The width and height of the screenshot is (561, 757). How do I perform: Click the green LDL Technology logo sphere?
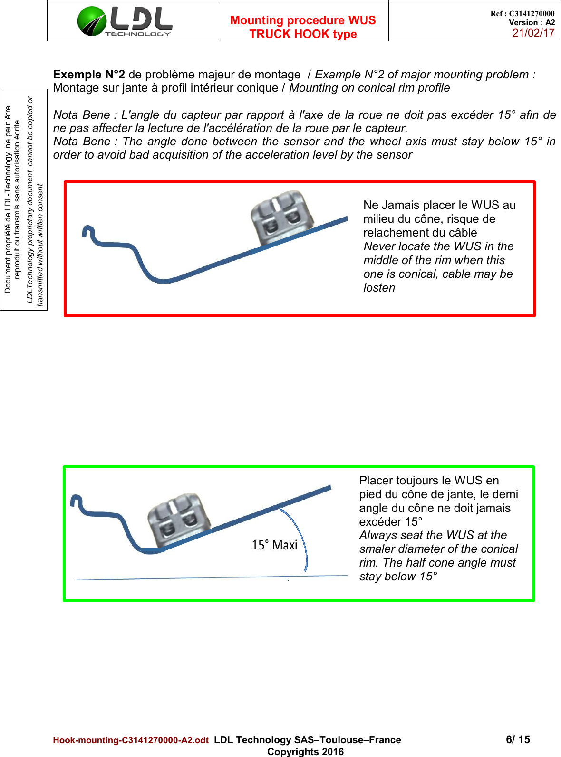coord(92,21)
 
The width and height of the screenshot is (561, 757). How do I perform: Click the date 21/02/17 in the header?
coord(533,33)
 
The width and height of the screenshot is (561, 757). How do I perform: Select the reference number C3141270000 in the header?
coord(532,14)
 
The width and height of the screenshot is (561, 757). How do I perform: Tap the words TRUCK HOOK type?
coord(303,34)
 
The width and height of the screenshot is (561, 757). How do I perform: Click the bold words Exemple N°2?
coord(89,75)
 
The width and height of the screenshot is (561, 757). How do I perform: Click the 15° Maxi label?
coord(274,545)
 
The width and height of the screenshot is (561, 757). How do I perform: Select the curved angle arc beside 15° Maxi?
coord(300,537)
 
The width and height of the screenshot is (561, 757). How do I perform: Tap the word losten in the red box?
coord(379,288)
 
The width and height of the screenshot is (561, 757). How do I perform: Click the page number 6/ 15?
coord(518,739)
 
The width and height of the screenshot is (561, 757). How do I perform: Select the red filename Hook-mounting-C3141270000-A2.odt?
coord(131,740)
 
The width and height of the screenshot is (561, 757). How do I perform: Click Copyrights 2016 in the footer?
coord(305,752)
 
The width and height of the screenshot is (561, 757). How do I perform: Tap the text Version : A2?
coord(532,22)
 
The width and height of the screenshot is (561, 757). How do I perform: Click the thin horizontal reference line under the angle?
coord(212,578)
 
